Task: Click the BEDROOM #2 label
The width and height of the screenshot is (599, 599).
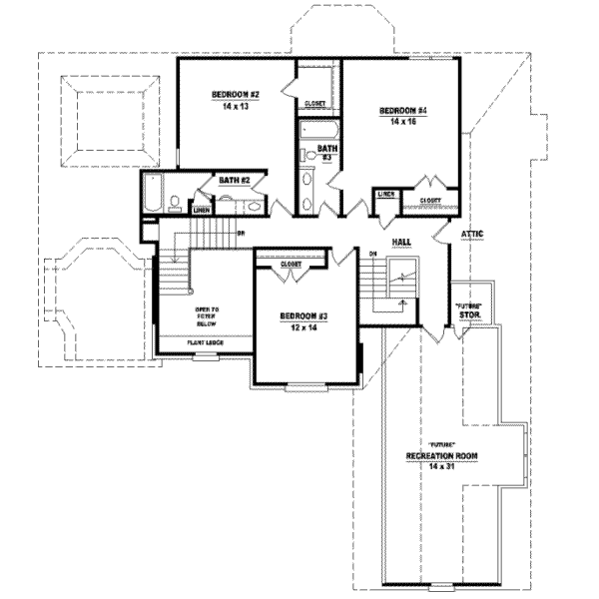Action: pyautogui.click(x=236, y=96)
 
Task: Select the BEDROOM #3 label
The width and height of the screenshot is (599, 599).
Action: pyautogui.click(x=303, y=316)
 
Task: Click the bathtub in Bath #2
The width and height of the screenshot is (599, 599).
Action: pyautogui.click(x=151, y=193)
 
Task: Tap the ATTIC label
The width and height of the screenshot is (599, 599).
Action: pyautogui.click(x=472, y=234)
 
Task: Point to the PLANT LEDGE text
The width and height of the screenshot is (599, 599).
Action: pyautogui.click(x=205, y=342)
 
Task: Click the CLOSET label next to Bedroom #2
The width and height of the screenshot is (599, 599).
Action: pyautogui.click(x=314, y=102)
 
